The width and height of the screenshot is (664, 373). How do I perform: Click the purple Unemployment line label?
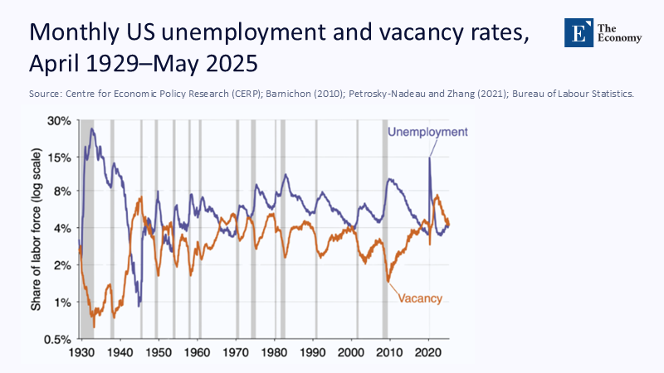(427, 132)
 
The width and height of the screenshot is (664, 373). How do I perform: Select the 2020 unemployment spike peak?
(429, 157)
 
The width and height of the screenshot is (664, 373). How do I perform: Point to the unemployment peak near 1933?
(92, 128)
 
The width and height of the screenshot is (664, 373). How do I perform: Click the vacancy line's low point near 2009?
(388, 282)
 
